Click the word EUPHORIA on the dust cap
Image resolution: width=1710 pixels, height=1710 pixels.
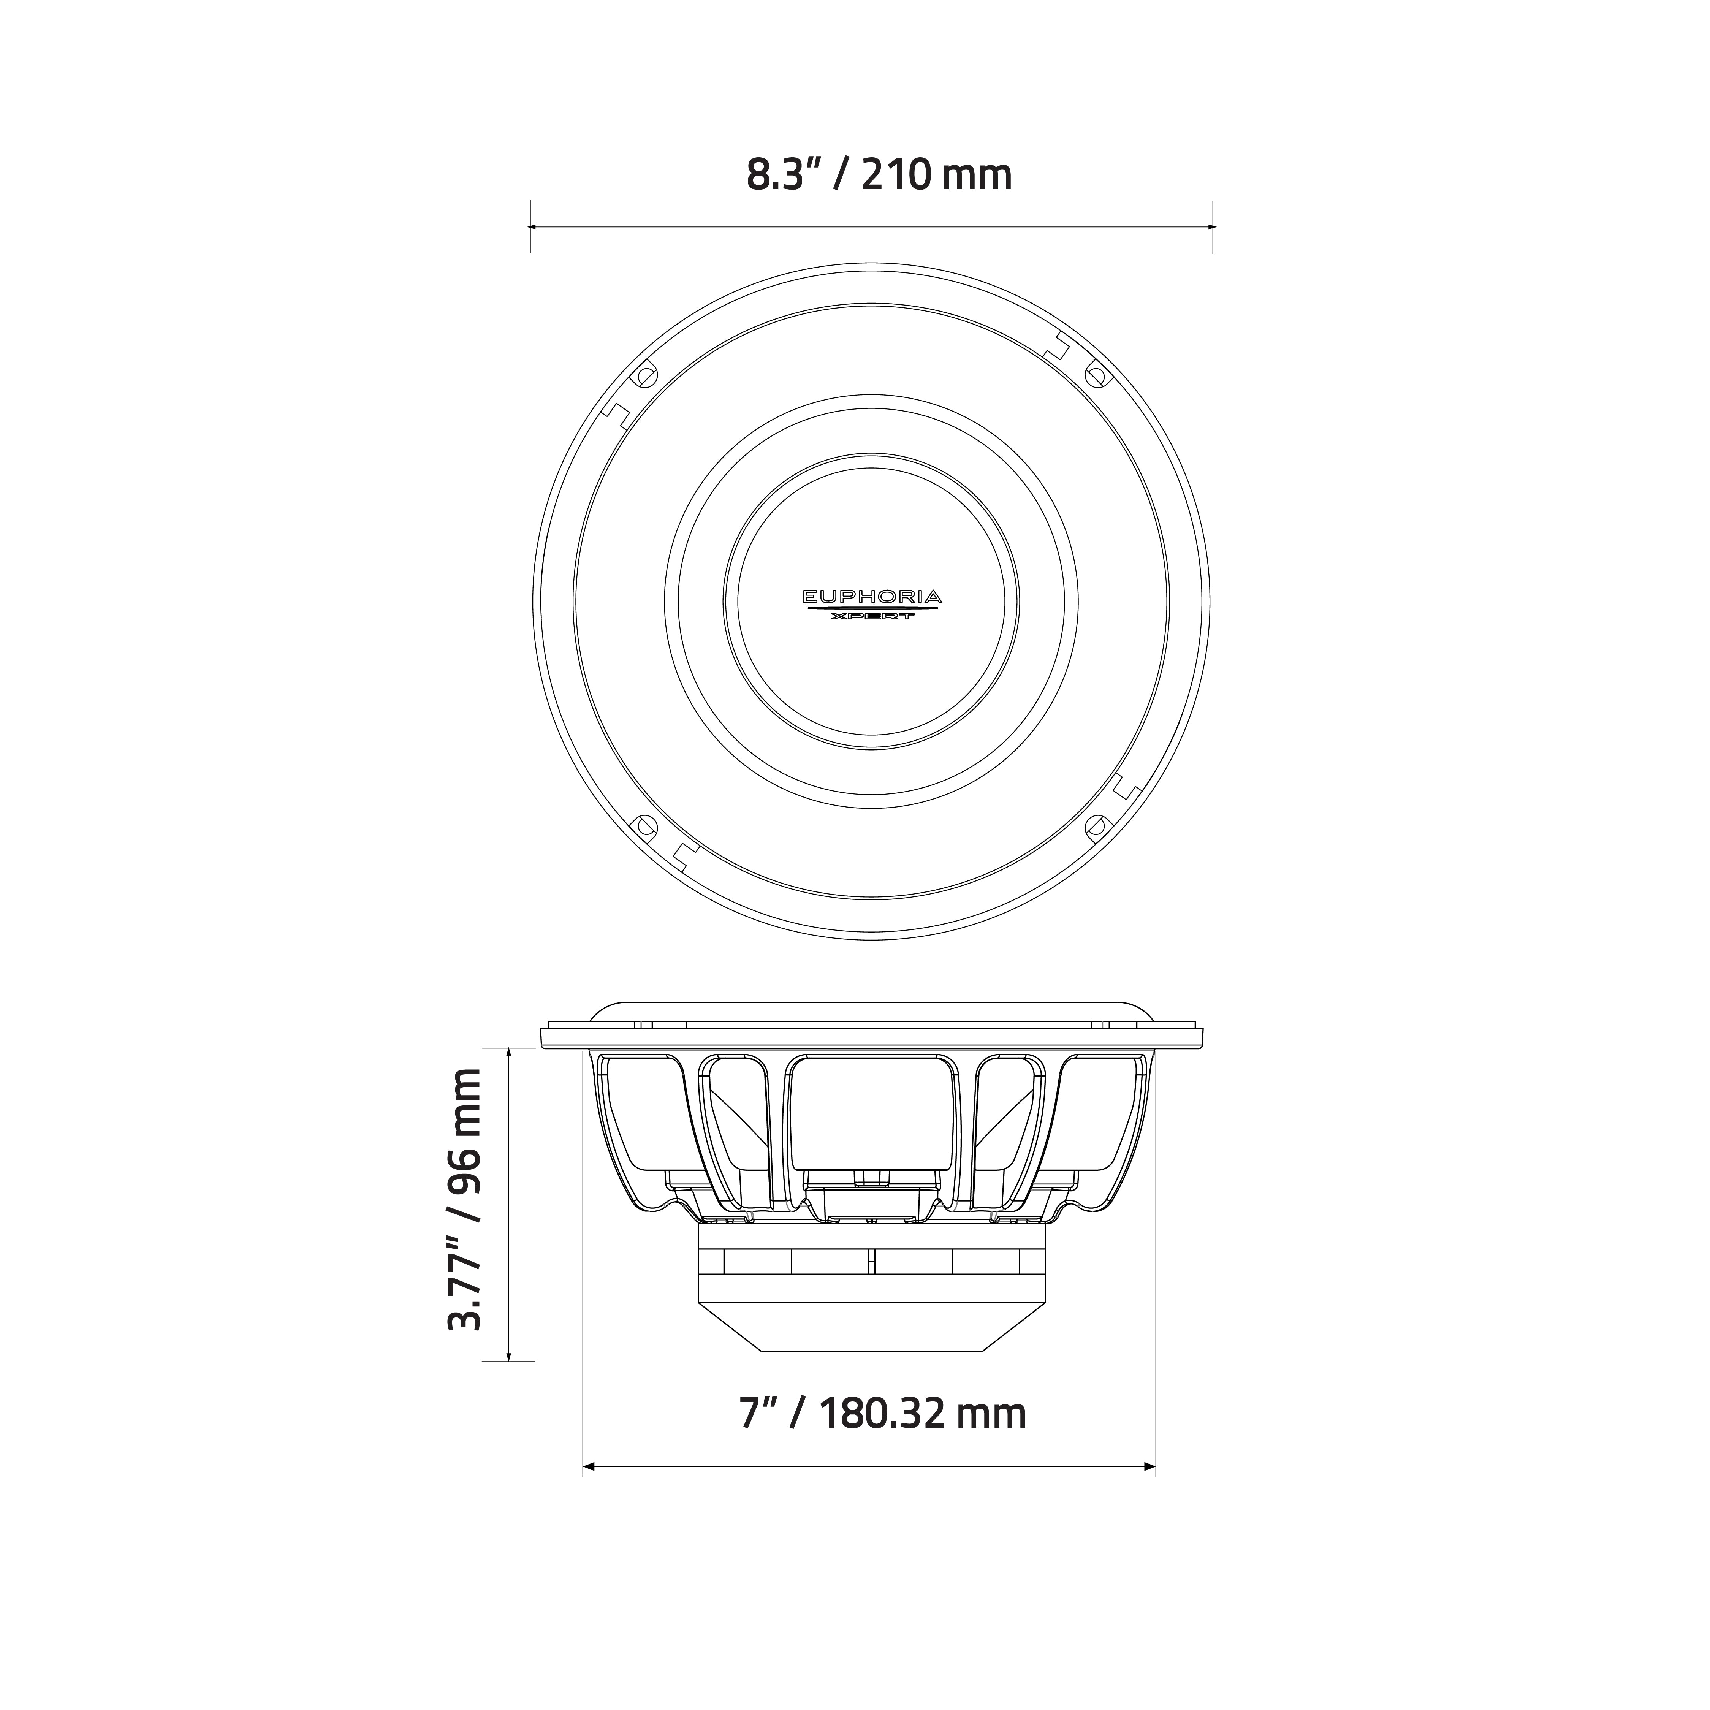[872, 597]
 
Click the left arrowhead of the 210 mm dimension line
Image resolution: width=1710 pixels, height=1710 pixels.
[534, 226]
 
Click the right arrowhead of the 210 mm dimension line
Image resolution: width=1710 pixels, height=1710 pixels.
[1209, 226]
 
